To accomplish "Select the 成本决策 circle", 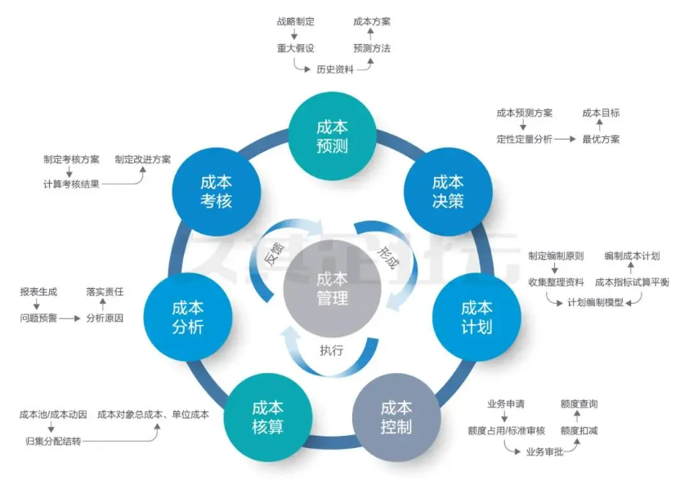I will (447, 191).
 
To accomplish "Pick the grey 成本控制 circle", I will (396, 417).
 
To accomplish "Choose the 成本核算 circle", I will (267, 417).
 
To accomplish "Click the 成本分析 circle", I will (187, 317).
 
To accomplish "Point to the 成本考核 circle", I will (216, 191).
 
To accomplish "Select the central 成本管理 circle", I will (331, 288).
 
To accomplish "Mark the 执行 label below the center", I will (331, 351).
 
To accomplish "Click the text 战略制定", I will (295, 22).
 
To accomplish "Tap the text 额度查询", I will (579, 403).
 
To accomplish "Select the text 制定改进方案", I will (143, 159).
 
